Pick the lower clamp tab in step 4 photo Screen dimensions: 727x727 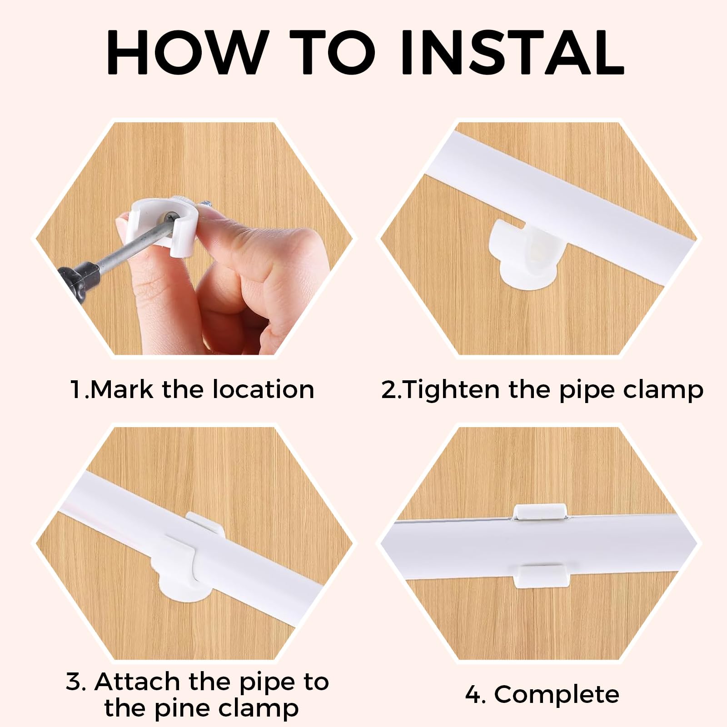click(540, 576)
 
